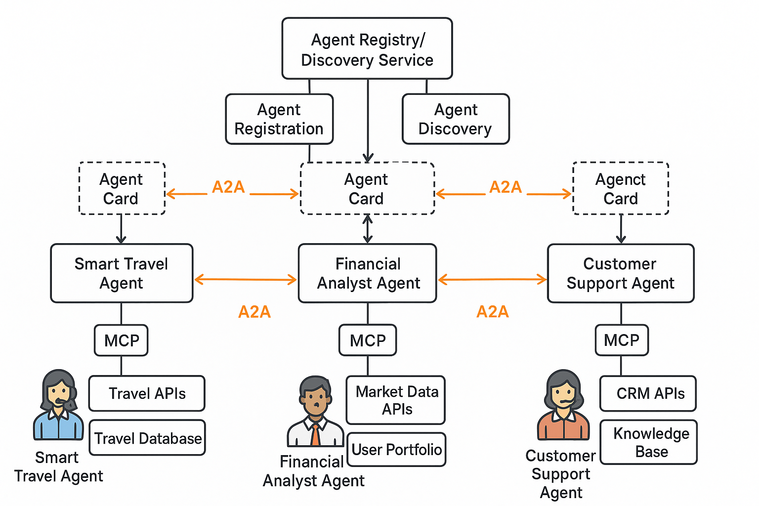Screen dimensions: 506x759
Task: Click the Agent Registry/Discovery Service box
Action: click(x=367, y=48)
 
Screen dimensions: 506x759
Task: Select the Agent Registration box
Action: click(x=279, y=119)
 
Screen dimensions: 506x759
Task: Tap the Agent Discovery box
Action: click(x=455, y=119)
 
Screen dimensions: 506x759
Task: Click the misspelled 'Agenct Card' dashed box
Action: click(x=621, y=188)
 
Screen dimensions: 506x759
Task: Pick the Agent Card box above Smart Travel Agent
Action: click(x=122, y=188)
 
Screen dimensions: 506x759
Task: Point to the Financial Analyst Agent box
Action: click(x=367, y=273)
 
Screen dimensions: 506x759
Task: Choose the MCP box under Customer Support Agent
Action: click(x=622, y=340)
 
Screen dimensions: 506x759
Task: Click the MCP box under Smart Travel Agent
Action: click(x=121, y=340)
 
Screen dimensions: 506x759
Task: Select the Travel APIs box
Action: click(x=147, y=393)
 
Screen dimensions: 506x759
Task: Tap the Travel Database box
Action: click(x=147, y=438)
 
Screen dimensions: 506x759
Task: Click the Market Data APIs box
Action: click(x=396, y=400)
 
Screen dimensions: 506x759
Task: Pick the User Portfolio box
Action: click(x=396, y=450)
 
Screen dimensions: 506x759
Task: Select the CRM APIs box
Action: click(x=648, y=393)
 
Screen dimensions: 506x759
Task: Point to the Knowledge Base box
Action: click(x=648, y=442)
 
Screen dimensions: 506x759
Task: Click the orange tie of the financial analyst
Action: click(x=315, y=435)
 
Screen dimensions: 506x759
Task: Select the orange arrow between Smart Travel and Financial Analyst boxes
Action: click(x=246, y=280)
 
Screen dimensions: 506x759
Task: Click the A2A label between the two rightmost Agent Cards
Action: click(x=505, y=187)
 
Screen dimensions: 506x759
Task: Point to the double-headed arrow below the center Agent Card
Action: click(x=367, y=229)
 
